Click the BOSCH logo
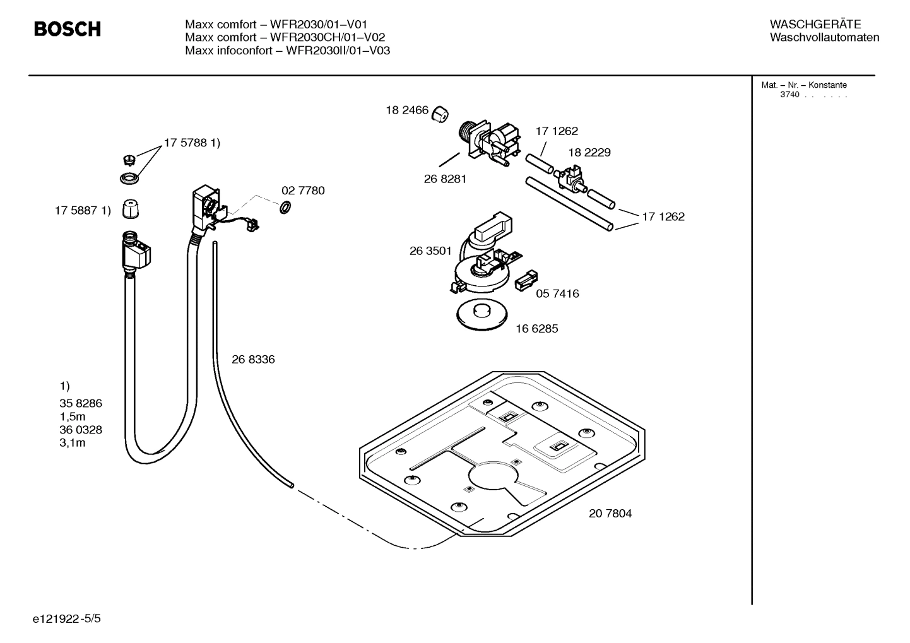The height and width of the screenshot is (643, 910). (x=67, y=29)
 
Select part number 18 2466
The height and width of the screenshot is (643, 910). (x=407, y=110)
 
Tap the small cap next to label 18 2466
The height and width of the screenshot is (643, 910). (x=440, y=114)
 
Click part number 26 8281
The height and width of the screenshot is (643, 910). (x=445, y=179)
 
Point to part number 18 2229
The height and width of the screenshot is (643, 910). (x=589, y=152)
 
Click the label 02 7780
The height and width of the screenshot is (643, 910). (x=303, y=191)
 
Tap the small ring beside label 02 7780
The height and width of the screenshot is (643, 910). (x=285, y=206)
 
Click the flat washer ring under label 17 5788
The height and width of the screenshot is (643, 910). (x=129, y=179)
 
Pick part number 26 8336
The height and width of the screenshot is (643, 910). (x=253, y=359)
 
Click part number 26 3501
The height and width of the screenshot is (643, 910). (x=430, y=251)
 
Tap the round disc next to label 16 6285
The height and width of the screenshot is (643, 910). (x=483, y=316)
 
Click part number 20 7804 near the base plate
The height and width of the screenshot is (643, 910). (x=610, y=513)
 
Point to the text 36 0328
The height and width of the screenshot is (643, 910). (x=81, y=430)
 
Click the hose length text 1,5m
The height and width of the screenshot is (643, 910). (x=73, y=416)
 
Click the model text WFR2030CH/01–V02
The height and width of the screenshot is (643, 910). (x=328, y=37)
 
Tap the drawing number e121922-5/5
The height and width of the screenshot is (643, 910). (x=67, y=618)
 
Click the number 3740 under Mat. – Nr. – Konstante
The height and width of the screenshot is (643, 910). (x=789, y=95)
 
